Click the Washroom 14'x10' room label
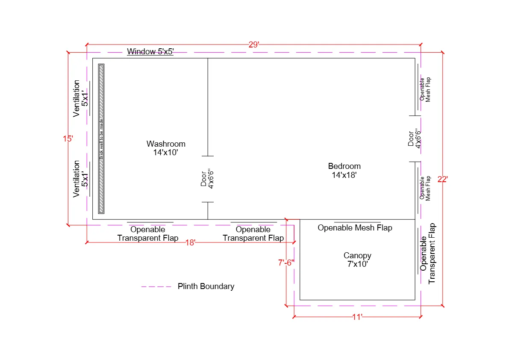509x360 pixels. [x=166, y=148]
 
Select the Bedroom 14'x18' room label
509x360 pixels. [x=344, y=170]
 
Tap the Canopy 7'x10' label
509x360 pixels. [x=357, y=260]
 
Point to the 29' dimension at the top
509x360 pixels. [x=254, y=44]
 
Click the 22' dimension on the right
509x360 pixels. [x=443, y=180]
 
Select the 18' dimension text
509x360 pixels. [x=191, y=242]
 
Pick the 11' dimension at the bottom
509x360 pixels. [x=357, y=317]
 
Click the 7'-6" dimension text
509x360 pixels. [x=286, y=263]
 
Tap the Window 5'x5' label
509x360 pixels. [x=150, y=52]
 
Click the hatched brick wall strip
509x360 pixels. [x=101, y=139]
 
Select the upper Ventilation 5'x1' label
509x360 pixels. [x=81, y=98]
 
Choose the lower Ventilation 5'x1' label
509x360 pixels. [x=81, y=179]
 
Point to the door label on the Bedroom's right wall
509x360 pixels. [x=414, y=139]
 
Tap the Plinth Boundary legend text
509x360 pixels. [x=206, y=286]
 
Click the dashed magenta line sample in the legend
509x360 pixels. [x=156, y=286]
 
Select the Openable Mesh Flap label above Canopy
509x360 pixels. [x=355, y=228]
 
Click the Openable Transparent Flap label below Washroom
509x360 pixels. [x=148, y=234]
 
